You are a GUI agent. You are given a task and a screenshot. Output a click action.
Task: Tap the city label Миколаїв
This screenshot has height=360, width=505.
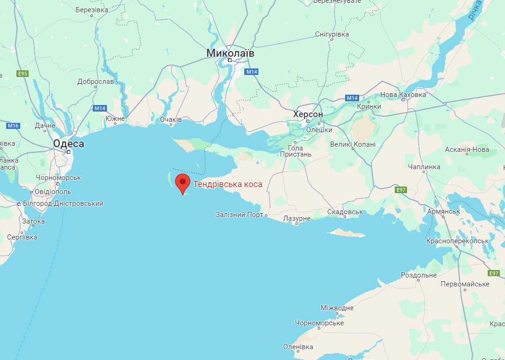[x=230, y=53]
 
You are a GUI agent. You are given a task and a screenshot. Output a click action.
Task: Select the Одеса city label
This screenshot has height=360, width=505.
[x=68, y=144]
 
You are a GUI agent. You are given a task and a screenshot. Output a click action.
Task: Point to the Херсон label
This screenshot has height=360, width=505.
[x=308, y=114]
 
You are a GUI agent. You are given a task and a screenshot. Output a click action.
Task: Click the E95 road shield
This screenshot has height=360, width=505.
[x=22, y=74]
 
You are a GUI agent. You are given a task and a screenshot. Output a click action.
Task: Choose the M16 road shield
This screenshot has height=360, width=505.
[x=13, y=126]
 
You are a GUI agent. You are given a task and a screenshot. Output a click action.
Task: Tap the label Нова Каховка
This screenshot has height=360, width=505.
[x=403, y=95]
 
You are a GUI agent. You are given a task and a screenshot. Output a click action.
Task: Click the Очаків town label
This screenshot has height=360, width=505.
[x=171, y=120]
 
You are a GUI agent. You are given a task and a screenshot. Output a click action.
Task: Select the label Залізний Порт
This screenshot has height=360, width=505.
[x=240, y=215]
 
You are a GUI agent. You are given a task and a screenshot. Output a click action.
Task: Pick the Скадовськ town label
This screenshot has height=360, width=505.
[x=345, y=212]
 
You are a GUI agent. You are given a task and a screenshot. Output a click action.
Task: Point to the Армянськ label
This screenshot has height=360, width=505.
[x=444, y=211]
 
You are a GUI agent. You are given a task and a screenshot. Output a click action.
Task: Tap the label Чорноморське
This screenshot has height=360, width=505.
[x=319, y=323]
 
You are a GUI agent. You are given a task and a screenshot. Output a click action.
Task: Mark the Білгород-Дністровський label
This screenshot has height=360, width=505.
[x=63, y=203]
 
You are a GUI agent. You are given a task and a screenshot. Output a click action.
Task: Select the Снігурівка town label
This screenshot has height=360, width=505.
[x=332, y=35]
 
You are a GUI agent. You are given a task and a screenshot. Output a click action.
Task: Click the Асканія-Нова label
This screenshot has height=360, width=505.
[x=467, y=150]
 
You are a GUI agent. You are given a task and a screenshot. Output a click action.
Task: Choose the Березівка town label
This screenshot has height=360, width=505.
[x=91, y=10]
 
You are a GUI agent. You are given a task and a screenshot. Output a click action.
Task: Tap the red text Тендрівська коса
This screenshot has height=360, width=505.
[x=228, y=184]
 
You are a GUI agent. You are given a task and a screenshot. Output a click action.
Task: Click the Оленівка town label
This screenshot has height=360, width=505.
[x=298, y=347]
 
